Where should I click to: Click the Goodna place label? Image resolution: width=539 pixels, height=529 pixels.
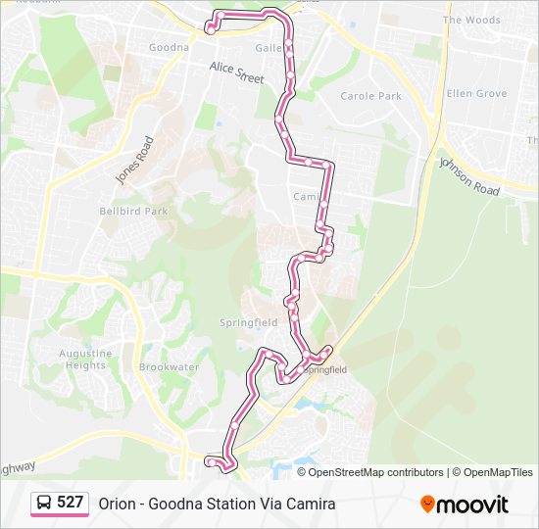[169, 47]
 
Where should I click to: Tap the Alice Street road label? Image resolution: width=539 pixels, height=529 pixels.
[236, 72]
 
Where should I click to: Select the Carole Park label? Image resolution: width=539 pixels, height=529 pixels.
[370, 96]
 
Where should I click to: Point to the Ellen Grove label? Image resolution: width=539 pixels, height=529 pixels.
[476, 94]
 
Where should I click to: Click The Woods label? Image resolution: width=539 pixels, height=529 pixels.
[471, 20]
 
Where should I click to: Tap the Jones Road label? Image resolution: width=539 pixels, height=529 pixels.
[135, 159]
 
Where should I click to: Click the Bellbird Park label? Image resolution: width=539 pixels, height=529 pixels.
[134, 211]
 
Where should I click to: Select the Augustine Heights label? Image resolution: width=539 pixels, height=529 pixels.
[85, 360]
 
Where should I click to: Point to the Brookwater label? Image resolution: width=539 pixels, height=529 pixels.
[169, 367]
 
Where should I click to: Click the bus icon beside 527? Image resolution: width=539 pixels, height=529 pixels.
[44, 503]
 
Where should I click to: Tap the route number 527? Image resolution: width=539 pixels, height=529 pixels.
[71, 503]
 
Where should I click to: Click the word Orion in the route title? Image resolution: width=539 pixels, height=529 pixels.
[116, 505]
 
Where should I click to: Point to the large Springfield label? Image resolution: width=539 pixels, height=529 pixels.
[249, 322]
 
